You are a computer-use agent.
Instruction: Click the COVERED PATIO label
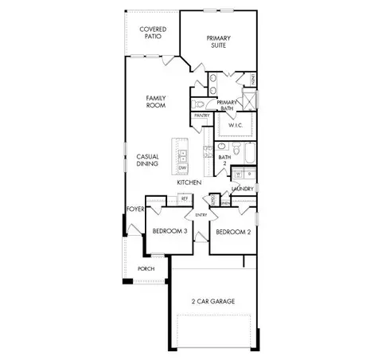[153, 33]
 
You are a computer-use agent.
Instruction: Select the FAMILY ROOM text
[155, 101]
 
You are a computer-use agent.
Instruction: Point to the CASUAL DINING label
[147, 160]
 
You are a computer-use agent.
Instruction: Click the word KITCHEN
[189, 182]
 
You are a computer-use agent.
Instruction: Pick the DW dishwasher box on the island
[182, 168]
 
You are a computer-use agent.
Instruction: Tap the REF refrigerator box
[184, 198]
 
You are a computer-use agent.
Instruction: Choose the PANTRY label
[201, 115]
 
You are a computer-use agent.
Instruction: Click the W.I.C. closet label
[235, 125]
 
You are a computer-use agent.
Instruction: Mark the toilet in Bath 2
[236, 150]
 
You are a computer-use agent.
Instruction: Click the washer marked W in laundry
[238, 174]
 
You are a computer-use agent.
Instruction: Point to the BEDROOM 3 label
[170, 232]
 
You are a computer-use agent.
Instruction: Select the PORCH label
[146, 268]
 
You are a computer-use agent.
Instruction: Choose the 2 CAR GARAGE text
[212, 301]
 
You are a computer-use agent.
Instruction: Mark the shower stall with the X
[249, 101]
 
